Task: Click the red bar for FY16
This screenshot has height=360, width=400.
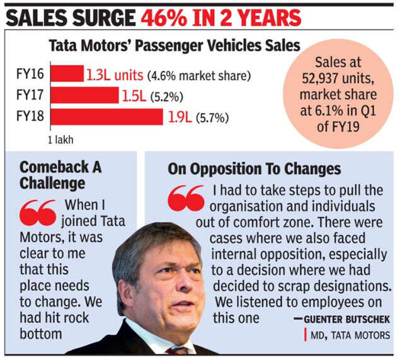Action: tap(67, 74)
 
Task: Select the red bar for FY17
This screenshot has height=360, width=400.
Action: tap(84, 95)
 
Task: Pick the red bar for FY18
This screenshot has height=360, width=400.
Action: tap(106, 117)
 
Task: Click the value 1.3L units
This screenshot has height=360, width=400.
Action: tap(115, 74)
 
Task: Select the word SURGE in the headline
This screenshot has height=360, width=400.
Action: tap(101, 16)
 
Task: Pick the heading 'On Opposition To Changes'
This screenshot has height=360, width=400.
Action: tap(254, 168)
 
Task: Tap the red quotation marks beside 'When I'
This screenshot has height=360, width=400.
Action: tap(38, 212)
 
